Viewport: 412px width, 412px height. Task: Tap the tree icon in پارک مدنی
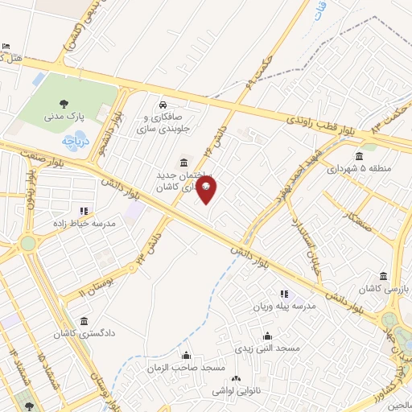(63, 103)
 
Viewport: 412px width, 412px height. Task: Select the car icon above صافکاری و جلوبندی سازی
(163, 105)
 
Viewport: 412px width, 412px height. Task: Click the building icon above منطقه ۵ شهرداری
(359, 156)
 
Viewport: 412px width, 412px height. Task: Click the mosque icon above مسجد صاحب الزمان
(187, 355)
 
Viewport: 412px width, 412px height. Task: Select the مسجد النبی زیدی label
(267, 348)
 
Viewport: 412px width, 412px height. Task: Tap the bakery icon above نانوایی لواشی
(236, 378)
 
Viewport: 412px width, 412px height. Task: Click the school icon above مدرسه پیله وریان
(283, 295)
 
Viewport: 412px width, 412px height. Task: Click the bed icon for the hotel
(7, 46)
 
